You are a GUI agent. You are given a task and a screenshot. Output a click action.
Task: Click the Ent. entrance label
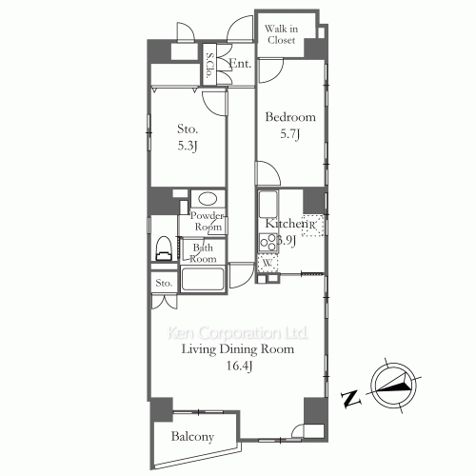coord(239,64)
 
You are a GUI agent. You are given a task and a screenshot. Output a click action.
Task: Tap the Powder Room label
coord(207,222)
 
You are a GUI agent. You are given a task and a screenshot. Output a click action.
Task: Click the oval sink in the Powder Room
coord(206,200)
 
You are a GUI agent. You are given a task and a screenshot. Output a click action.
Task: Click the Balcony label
coord(192,437)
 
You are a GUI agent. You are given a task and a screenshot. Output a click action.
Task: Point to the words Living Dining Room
coord(239,349)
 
